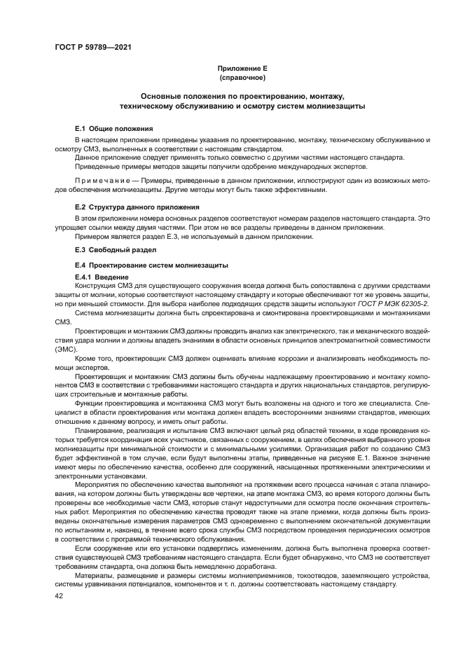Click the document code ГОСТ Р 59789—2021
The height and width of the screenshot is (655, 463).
tap(92, 48)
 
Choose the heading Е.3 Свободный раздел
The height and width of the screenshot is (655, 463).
tap(116, 249)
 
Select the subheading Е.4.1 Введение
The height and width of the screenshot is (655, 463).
tap(102, 278)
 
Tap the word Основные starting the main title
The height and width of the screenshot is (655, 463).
tap(162, 95)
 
